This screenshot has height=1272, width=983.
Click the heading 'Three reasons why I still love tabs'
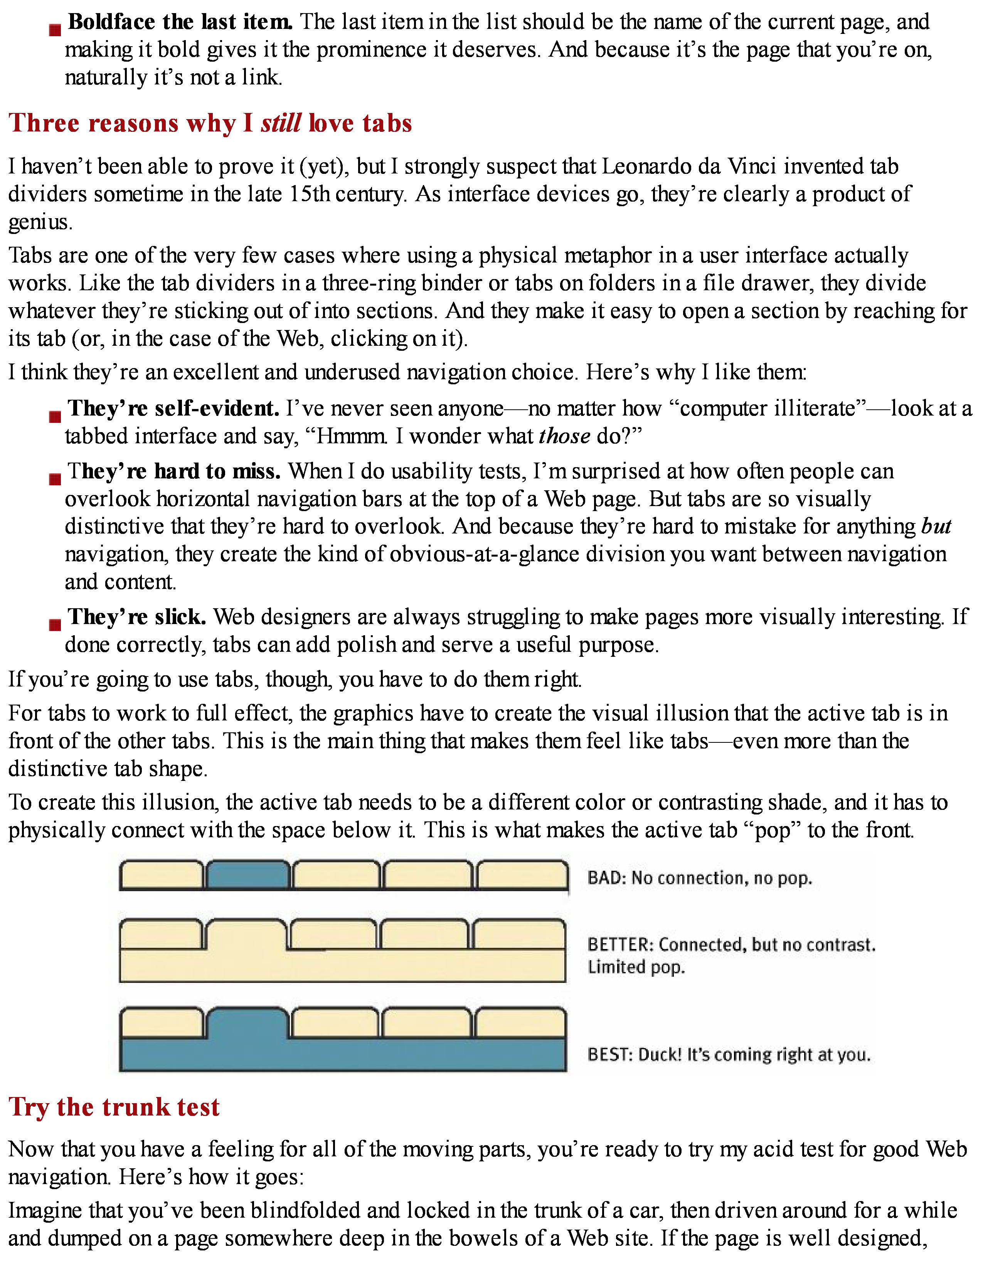(210, 123)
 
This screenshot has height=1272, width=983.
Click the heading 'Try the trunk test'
(114, 1107)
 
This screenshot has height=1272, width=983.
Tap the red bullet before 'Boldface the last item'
(55, 30)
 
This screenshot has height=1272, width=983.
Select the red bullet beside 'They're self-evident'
(55, 416)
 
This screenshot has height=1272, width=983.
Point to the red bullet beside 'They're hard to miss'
(55, 479)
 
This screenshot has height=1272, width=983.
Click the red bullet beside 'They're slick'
(55, 624)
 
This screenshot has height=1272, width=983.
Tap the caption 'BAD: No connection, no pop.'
(699, 878)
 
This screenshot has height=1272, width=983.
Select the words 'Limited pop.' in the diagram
(636, 967)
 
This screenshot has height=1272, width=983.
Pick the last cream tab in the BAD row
(522, 875)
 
